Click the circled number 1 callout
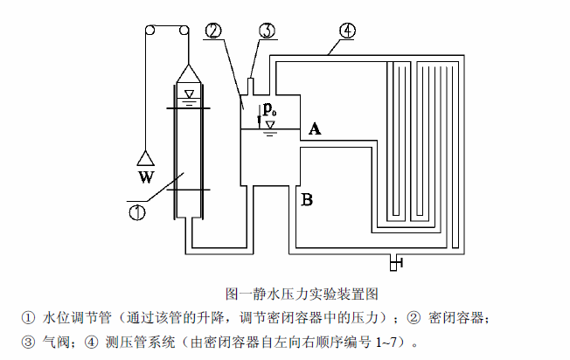click(137, 211)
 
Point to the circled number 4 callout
click(347, 31)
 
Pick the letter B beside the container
click(307, 200)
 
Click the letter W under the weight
click(145, 178)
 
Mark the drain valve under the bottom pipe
click(396, 260)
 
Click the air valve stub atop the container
click(252, 87)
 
